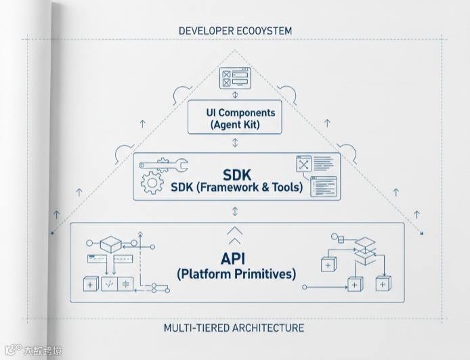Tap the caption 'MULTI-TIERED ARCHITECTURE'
point(234,328)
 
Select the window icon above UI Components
point(235,78)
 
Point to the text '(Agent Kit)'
point(235,125)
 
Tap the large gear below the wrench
point(150,183)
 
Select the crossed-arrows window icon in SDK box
point(303,166)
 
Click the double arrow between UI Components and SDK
point(235,143)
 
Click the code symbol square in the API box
point(108,285)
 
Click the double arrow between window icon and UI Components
point(235,95)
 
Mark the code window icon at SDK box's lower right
point(323,186)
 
